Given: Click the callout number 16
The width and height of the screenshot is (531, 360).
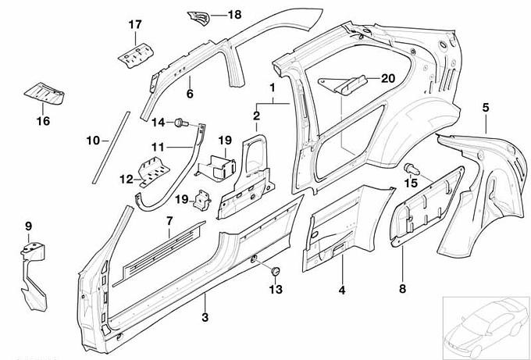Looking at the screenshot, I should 43,120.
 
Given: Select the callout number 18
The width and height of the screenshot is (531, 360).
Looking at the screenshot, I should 234,15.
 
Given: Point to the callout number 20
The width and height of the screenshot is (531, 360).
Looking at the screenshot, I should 388,77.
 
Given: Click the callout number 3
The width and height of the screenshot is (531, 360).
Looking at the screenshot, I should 205,317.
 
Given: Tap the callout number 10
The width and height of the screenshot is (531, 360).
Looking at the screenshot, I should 92,141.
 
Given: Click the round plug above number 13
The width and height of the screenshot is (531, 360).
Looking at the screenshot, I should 275,270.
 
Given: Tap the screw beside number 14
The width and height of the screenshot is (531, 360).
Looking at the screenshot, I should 180,122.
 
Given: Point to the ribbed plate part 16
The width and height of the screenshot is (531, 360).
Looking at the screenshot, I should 45,94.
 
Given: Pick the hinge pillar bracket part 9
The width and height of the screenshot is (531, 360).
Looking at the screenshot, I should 33,269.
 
